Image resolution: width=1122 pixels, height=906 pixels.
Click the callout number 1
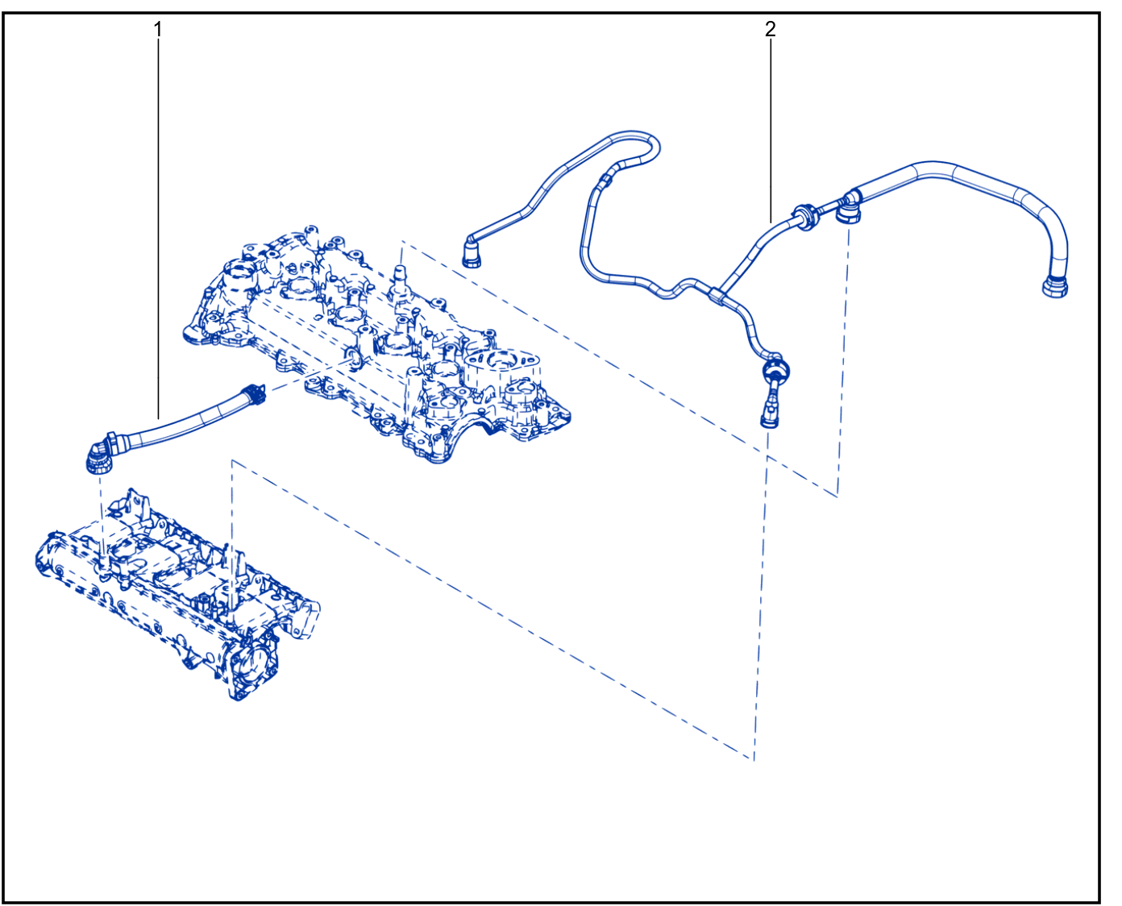pyautogui.click(x=157, y=29)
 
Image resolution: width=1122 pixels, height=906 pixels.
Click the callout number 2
pyautogui.click(x=770, y=29)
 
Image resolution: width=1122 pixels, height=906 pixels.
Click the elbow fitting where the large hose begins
pyautogui.click(x=849, y=209)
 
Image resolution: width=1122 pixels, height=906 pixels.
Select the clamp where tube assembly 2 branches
pyautogui.click(x=717, y=297)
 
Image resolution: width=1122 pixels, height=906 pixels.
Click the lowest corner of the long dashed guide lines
pyautogui.click(x=754, y=760)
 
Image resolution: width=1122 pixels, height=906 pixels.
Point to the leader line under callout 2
pyautogui.click(x=771, y=130)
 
